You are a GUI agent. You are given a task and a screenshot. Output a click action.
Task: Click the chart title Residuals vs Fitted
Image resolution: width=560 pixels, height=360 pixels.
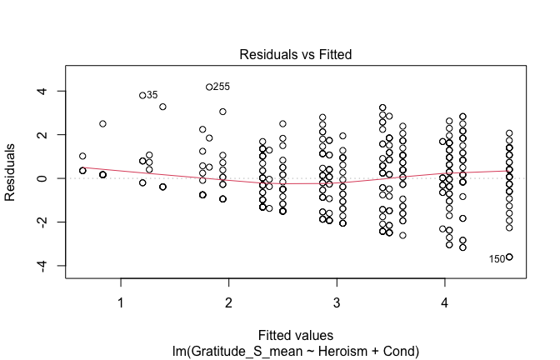pyautogui.click(x=296, y=55)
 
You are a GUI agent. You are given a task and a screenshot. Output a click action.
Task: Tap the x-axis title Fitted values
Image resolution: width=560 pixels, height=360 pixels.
pyautogui.click(x=296, y=336)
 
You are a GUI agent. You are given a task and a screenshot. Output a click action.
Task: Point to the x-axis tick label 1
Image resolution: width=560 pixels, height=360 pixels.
pyautogui.click(x=121, y=301)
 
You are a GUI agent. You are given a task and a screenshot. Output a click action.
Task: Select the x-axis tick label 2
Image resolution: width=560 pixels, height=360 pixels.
pyautogui.click(x=228, y=301)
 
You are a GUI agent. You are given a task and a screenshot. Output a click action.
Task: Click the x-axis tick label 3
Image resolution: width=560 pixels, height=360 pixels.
pyautogui.click(x=336, y=301)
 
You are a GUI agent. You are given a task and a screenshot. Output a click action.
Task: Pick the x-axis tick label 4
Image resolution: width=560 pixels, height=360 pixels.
pyautogui.click(x=444, y=301)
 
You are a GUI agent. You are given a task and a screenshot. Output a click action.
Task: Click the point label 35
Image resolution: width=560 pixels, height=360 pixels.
pyautogui.click(x=152, y=95)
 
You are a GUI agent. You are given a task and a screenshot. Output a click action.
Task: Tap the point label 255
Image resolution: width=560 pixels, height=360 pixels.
pyautogui.click(x=222, y=87)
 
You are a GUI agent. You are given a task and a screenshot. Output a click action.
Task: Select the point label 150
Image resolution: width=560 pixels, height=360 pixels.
pyautogui.click(x=497, y=259)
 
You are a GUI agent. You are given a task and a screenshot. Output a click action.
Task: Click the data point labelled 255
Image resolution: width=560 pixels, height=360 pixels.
pyautogui.click(x=209, y=87)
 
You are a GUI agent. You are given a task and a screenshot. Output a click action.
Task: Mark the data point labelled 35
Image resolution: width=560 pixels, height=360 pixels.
pyautogui.click(x=142, y=95)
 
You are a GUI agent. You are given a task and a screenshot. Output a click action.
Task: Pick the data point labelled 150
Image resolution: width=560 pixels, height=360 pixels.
pyautogui.click(x=509, y=257)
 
